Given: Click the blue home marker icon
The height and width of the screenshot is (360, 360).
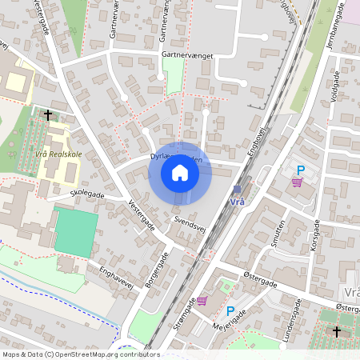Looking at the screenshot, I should (180, 172).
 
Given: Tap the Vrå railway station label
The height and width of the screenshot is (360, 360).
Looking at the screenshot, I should (238, 202).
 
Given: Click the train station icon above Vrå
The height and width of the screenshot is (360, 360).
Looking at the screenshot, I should (238, 190).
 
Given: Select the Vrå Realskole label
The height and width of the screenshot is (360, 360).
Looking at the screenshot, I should (54, 154).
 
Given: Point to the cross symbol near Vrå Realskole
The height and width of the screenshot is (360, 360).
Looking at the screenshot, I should (48, 115).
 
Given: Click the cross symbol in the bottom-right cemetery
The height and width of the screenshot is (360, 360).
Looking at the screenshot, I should (336, 330).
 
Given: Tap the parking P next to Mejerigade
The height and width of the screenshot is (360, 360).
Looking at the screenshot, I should (230, 311).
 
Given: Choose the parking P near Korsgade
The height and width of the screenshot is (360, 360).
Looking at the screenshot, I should (301, 170).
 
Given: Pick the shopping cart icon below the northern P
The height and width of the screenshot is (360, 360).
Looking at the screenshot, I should (298, 182).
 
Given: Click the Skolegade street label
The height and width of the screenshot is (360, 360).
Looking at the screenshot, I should (87, 194).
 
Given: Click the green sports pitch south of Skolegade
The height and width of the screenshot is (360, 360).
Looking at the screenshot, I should (77, 232).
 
